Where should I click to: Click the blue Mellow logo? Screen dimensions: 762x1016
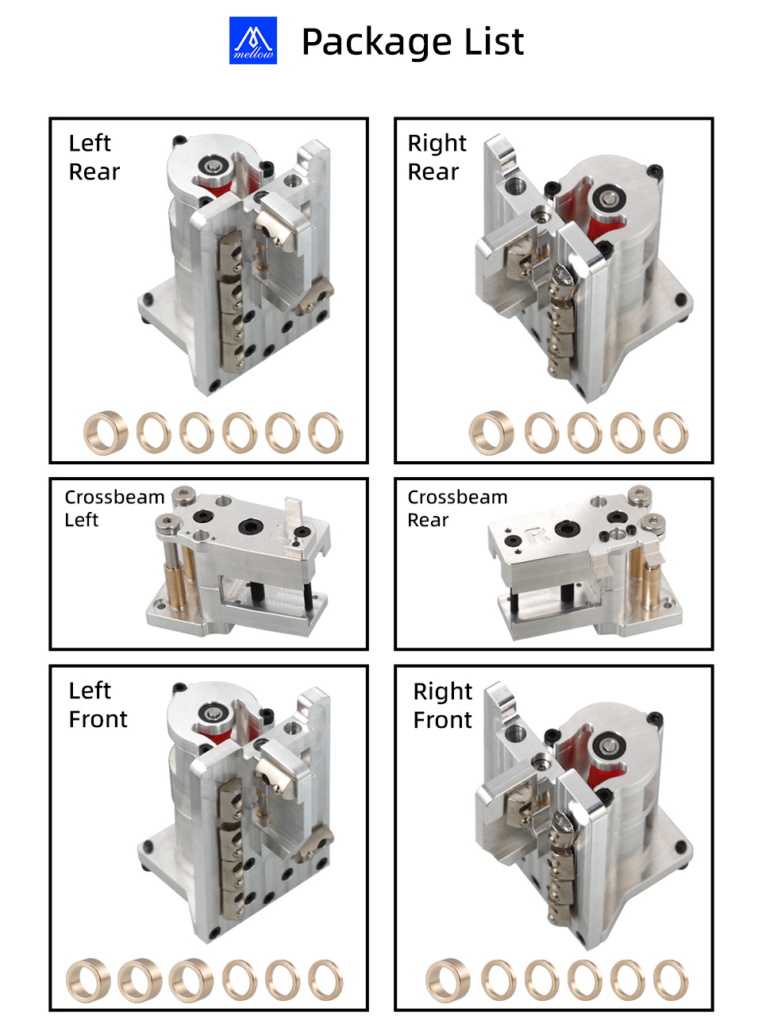[252, 40]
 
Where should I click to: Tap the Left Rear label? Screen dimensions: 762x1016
[94, 157]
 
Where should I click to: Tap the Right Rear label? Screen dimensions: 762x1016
[437, 157]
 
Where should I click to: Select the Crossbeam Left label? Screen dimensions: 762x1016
[114, 508]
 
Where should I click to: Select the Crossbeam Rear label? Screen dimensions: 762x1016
[457, 508]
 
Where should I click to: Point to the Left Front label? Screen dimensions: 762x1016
[98, 705]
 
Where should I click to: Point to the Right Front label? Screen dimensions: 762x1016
[442, 706]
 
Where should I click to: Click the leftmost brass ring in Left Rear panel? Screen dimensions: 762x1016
[106, 433]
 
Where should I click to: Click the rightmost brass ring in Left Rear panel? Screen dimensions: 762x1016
[325, 433]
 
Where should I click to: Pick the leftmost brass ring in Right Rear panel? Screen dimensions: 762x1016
[491, 433]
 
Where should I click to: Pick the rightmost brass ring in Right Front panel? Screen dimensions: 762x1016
[671, 981]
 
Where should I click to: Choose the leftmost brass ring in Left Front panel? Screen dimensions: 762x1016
[88, 980]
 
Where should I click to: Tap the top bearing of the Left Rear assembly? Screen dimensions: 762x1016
[214, 166]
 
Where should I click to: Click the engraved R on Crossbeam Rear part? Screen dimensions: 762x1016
[537, 534]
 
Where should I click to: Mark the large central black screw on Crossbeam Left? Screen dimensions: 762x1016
[251, 526]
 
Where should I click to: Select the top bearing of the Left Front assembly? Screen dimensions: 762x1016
[214, 714]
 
